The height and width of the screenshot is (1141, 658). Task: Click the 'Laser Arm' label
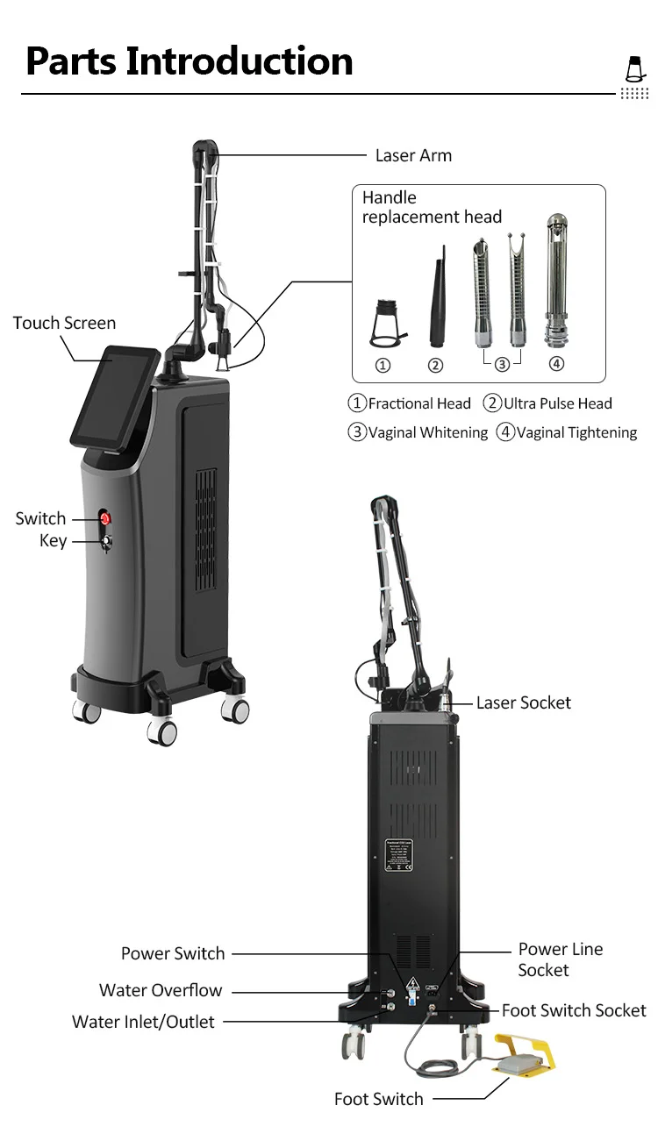413,156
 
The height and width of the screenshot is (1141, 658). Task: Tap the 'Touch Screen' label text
64,323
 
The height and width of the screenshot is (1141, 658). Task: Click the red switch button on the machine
106,518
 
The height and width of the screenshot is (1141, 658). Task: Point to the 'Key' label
53,541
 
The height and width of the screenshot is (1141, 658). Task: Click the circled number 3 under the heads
502,365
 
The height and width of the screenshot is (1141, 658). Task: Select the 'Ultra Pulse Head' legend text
558,403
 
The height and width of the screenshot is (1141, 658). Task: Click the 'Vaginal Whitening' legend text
427,432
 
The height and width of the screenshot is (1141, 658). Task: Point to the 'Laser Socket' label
523,702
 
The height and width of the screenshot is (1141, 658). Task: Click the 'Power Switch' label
173,953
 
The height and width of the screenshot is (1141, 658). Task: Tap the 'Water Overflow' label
161,990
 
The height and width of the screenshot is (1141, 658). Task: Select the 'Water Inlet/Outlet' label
143,1022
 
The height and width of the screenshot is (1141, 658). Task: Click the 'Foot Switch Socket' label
574,1010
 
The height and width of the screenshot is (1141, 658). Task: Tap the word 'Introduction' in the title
240,61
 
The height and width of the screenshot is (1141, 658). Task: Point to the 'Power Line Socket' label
560,959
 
